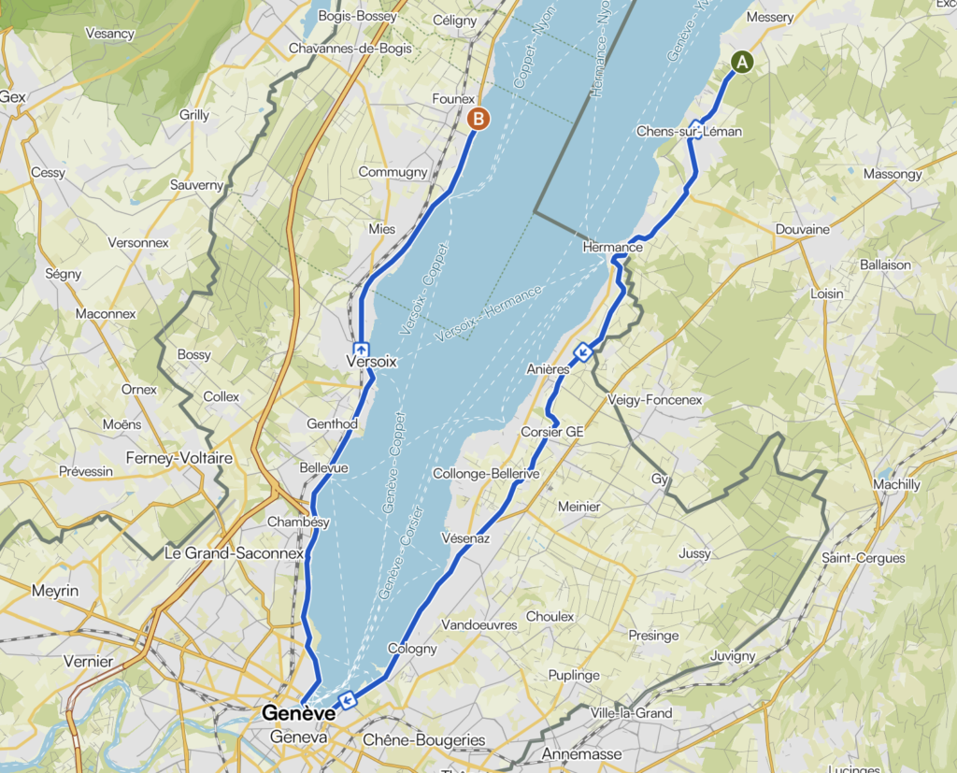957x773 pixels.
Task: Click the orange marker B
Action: point(478,119)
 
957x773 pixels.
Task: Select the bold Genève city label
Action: point(298,713)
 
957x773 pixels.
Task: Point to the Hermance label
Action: point(612,247)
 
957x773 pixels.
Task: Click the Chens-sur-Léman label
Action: point(689,132)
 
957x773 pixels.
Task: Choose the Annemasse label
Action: point(581,754)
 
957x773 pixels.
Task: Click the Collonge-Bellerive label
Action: point(486,475)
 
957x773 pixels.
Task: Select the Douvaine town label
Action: point(803,229)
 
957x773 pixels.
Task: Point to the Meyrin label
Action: point(55,591)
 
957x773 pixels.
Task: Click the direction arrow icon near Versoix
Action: point(361,350)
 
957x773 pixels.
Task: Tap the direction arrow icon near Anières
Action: point(582,352)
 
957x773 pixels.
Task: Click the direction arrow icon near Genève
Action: point(348,699)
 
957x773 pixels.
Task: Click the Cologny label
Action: point(412,649)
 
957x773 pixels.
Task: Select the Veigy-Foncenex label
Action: point(654,400)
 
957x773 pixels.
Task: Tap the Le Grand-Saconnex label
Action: point(234,552)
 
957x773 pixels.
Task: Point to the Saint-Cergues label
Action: point(863,558)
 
